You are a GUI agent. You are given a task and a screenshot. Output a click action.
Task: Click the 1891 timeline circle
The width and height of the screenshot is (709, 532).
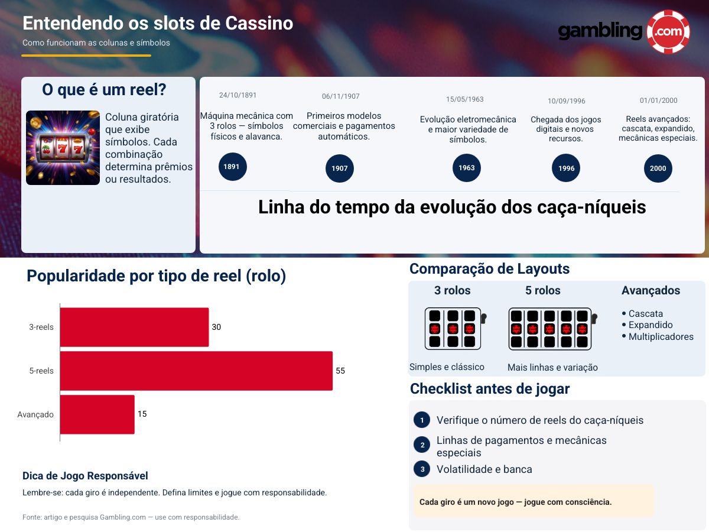pyautogui.click(x=232, y=167)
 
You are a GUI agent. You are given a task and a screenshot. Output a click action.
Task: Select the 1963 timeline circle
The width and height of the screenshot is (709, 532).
pyautogui.click(x=467, y=168)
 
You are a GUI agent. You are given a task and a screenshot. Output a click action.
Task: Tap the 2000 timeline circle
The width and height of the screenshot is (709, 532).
pyautogui.click(x=658, y=168)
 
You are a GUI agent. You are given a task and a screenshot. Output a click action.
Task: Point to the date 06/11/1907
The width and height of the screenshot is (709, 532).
pyautogui.click(x=340, y=96)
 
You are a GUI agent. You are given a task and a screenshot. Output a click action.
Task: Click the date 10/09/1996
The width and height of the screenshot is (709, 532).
pyautogui.click(x=566, y=101)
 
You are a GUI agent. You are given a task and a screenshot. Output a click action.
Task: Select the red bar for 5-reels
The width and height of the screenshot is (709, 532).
pyautogui.click(x=196, y=371)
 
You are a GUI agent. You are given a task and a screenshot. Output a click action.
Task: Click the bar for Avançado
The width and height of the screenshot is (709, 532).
pyautogui.click(x=97, y=414)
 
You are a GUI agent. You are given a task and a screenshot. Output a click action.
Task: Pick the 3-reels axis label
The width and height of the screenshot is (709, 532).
pyautogui.click(x=42, y=327)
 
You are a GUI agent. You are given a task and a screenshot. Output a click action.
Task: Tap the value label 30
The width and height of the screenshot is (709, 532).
pyautogui.click(x=216, y=327)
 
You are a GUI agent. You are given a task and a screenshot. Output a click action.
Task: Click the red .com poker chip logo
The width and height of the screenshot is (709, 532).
pyautogui.click(x=668, y=32)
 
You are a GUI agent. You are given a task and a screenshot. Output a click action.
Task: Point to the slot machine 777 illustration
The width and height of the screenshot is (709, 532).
pyautogui.click(x=63, y=148)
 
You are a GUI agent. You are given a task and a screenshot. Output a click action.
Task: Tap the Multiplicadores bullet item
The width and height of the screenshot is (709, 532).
pyautogui.click(x=661, y=336)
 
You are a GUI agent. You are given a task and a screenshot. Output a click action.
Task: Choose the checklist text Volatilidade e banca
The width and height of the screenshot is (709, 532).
pyautogui.click(x=484, y=469)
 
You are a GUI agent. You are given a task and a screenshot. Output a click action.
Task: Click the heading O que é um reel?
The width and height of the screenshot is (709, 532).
pyautogui.click(x=104, y=90)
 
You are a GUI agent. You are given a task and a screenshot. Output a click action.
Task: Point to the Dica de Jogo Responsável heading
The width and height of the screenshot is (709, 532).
pyautogui.click(x=85, y=476)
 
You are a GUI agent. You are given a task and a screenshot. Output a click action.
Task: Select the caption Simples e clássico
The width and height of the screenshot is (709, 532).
pyautogui.click(x=447, y=367)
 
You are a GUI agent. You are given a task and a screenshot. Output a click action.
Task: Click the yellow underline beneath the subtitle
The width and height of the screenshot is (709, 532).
pyautogui.click(x=86, y=56)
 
